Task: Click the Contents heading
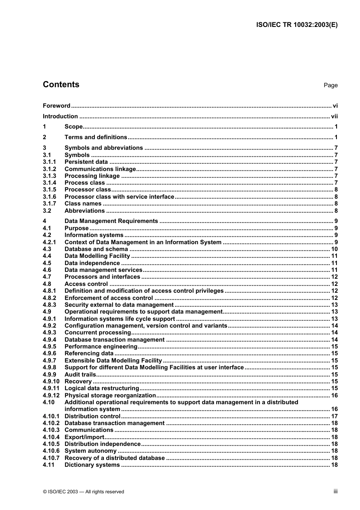[61, 85]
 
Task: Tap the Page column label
[330, 85]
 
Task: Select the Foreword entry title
[56, 106]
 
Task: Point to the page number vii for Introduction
[334, 116]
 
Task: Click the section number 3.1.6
[49, 197]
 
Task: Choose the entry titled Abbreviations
[85, 211]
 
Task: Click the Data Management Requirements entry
[111, 221]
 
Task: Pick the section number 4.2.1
[49, 242]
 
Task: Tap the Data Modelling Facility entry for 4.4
[97, 256]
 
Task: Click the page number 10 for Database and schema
[334, 249]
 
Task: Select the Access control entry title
[86, 284]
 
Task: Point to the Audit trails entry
[80, 375]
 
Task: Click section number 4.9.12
[51, 395]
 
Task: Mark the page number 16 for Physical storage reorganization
[334, 395]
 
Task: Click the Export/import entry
[84, 437]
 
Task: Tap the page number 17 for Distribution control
[334, 416]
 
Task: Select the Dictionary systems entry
[92, 465]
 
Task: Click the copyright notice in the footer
[83, 492]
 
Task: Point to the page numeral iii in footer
[335, 491]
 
